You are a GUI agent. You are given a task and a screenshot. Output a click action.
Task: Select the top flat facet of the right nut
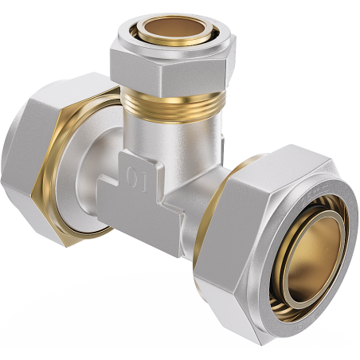pos(263,163)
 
